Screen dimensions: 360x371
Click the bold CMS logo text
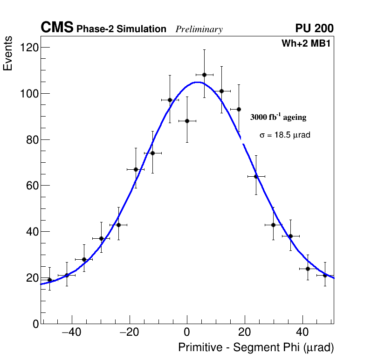(57, 28)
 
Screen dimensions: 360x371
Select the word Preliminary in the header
(199, 29)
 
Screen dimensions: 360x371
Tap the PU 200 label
(314, 28)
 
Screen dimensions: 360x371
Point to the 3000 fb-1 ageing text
(278, 117)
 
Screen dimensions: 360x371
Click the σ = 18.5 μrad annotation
(285, 135)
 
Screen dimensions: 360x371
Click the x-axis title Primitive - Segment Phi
(256, 347)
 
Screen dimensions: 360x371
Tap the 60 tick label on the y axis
(32, 186)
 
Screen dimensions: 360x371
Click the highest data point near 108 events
(204, 75)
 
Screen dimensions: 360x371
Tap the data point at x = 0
(187, 121)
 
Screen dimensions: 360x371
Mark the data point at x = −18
(136, 169)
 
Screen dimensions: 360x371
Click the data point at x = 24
(256, 176)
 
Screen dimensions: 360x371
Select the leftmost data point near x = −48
(49, 280)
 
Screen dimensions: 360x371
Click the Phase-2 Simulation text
(121, 29)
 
